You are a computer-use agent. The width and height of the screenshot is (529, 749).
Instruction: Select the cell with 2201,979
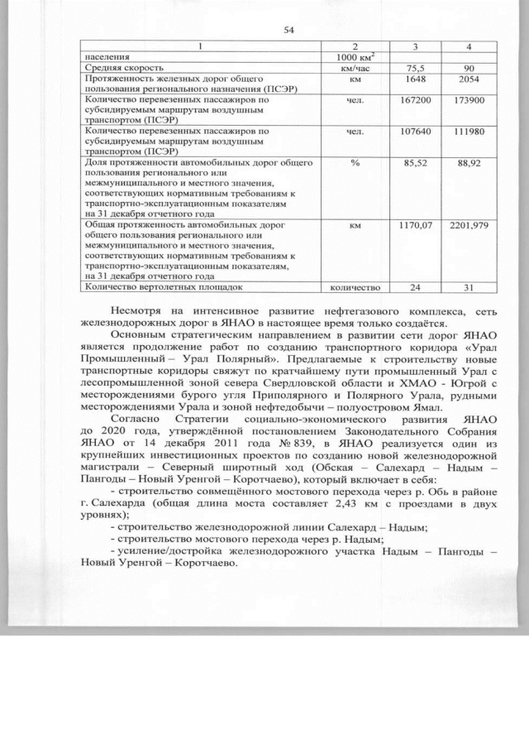click(x=466, y=224)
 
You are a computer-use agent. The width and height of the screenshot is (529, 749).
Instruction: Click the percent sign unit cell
click(x=355, y=165)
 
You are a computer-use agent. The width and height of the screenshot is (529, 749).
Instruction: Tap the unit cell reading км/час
click(x=355, y=67)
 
